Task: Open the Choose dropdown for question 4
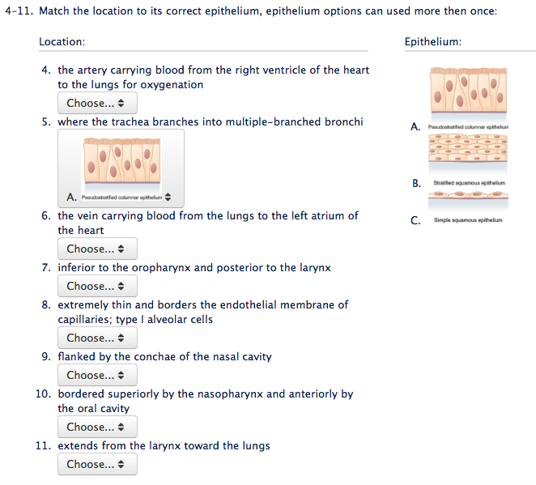[x=96, y=103]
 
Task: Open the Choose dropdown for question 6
[x=96, y=249]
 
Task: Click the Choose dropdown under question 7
[x=96, y=286]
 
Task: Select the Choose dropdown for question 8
[x=96, y=338]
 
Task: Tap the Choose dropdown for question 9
[x=96, y=375]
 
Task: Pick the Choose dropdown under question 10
[x=96, y=427]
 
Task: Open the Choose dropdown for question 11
[x=96, y=464]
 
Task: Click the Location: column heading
[x=62, y=41]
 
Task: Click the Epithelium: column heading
[x=432, y=41]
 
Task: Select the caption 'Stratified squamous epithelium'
[x=469, y=183]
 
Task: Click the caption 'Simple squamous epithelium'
[x=467, y=219]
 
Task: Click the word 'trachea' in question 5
[x=126, y=122]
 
